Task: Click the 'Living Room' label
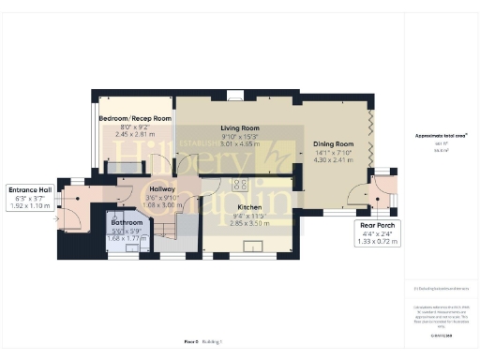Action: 239,127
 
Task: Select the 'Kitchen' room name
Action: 248,207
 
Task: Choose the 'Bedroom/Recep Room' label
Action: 136,119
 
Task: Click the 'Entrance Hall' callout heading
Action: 30,187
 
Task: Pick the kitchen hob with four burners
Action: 241,184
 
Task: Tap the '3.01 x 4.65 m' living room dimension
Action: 239,143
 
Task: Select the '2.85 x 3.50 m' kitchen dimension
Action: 248,222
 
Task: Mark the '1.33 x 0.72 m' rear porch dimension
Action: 378,241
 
